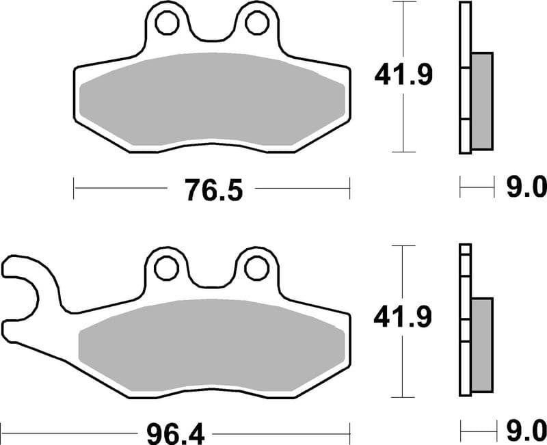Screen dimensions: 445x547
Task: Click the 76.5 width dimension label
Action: click(x=212, y=189)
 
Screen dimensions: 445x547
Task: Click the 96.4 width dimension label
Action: click(x=171, y=433)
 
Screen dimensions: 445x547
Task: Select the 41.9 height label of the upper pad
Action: click(x=403, y=75)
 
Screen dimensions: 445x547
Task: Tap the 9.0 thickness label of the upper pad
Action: click(x=525, y=185)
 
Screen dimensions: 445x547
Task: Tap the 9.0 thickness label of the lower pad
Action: click(x=525, y=430)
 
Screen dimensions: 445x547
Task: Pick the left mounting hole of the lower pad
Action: click(x=165, y=269)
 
